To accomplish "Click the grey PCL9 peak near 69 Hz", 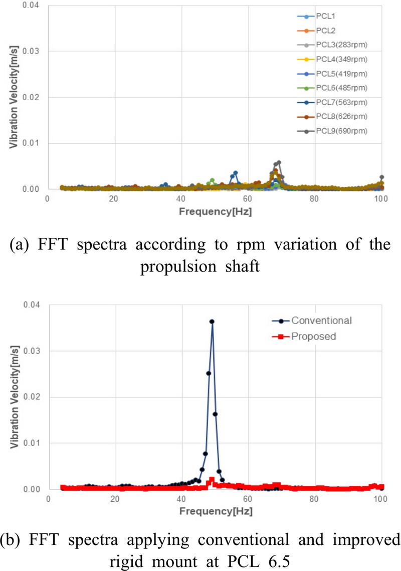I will click(279, 162).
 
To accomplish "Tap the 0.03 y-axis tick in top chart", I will click(33, 51).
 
